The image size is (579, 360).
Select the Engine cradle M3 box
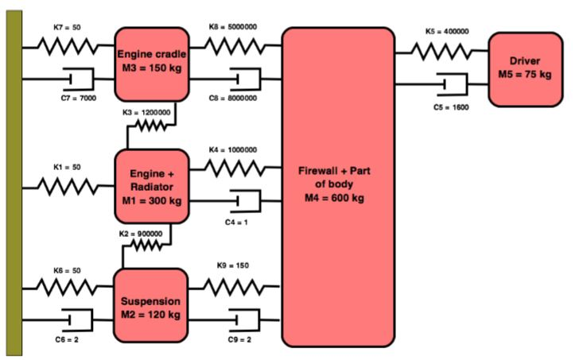(x=151, y=63)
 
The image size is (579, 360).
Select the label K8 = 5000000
(x=239, y=27)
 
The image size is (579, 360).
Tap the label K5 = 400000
(x=446, y=32)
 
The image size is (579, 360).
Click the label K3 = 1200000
(x=147, y=112)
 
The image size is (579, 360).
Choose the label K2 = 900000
(x=141, y=234)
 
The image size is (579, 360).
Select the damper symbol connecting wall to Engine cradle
(x=77, y=79)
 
